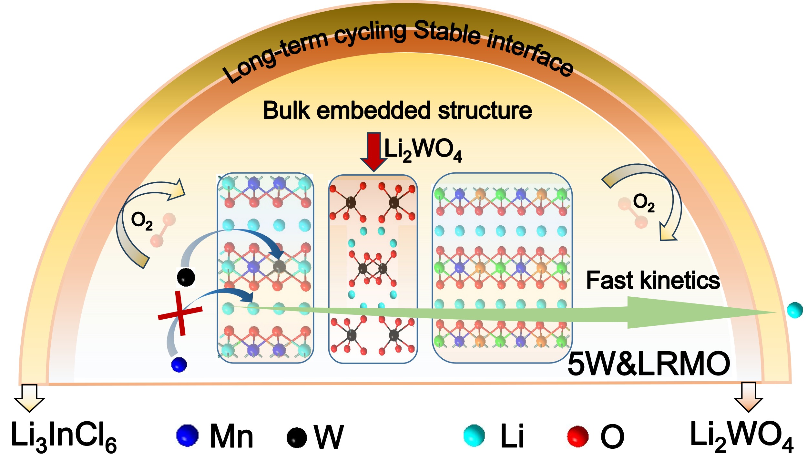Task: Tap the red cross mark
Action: click(x=180, y=313)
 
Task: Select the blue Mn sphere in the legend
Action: click(x=187, y=436)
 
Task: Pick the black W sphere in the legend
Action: click(x=297, y=437)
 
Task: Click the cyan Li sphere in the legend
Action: click(x=474, y=436)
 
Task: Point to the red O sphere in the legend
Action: click(x=578, y=436)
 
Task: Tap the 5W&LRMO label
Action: click(x=649, y=364)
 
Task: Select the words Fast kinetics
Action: click(x=653, y=280)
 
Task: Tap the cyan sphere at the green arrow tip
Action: click(x=795, y=310)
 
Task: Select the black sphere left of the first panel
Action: click(x=186, y=277)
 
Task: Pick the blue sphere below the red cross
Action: click(x=179, y=364)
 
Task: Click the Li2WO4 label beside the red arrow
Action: click(x=423, y=150)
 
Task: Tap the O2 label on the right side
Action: click(x=644, y=203)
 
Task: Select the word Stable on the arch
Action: click(x=447, y=32)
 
